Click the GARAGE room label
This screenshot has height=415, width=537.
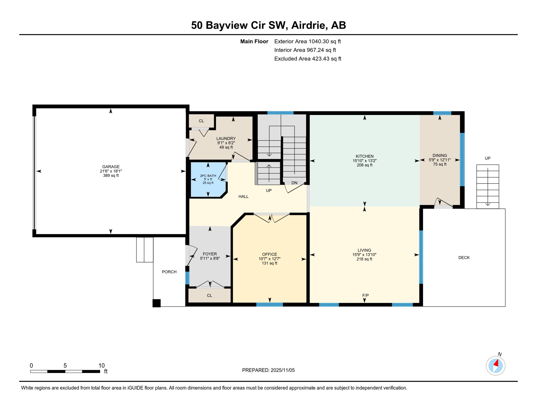pos(111,167)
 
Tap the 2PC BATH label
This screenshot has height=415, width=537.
pos(208,176)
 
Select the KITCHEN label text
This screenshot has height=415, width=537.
pos(364,156)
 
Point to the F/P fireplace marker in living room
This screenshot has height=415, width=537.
pos(365,295)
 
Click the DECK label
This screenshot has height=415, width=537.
pos(464,257)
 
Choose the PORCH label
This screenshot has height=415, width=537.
pos(169,272)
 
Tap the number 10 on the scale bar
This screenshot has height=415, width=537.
pos(101,365)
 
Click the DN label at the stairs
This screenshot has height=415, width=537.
pos(294,183)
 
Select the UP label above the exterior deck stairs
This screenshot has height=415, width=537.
pos(487,158)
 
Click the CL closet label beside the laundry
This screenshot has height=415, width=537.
pos(201,121)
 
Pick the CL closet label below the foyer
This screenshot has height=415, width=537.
pos(209,295)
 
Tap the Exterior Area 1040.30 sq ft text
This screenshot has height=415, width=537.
pos(307,41)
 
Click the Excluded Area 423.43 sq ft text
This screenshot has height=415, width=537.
pos(308,59)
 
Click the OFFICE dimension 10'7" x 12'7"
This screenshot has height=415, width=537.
pos(269,259)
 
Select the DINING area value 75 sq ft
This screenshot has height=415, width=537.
pos(439,164)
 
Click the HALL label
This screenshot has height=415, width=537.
pos(243,196)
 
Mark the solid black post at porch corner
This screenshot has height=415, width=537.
pos(156,303)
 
